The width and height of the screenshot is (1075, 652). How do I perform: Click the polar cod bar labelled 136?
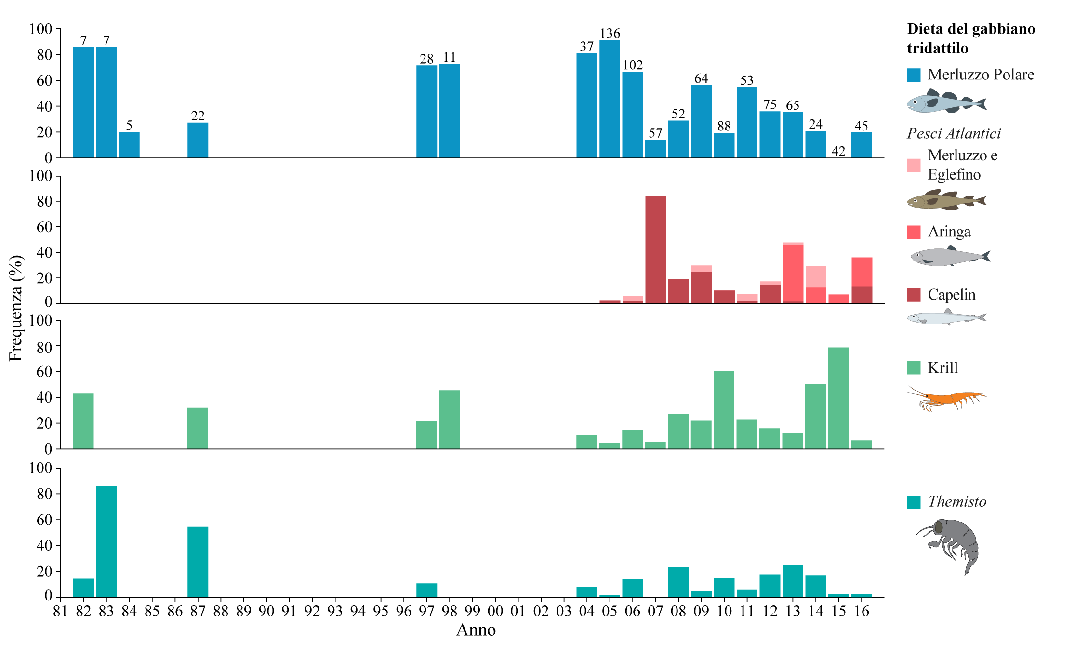click(610, 99)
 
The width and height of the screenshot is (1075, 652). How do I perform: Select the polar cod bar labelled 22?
click(198, 140)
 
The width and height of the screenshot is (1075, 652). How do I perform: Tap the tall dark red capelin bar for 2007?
click(655, 249)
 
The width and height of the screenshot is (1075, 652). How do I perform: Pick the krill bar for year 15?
click(838, 398)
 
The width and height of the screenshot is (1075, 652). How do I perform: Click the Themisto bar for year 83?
click(106, 542)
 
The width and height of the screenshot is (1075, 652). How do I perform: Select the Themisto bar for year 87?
click(198, 562)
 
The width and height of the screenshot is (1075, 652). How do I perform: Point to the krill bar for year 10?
click(724, 410)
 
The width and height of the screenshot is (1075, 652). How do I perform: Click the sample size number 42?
click(838, 151)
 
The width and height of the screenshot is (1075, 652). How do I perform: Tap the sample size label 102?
click(633, 65)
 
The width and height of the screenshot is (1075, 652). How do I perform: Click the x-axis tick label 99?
click(472, 612)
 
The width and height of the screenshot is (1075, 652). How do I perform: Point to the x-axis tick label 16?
click(862, 612)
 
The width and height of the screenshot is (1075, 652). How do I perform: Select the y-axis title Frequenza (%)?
click(16, 308)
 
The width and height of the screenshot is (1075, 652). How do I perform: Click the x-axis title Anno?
click(476, 630)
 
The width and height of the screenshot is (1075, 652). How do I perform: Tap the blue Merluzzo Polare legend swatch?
click(914, 75)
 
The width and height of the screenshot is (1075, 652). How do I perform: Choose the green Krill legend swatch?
click(914, 368)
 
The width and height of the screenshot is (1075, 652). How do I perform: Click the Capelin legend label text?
click(951, 295)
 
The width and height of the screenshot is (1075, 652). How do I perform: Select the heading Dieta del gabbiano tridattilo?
click(970, 39)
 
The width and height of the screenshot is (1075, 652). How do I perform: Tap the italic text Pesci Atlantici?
click(954, 133)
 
